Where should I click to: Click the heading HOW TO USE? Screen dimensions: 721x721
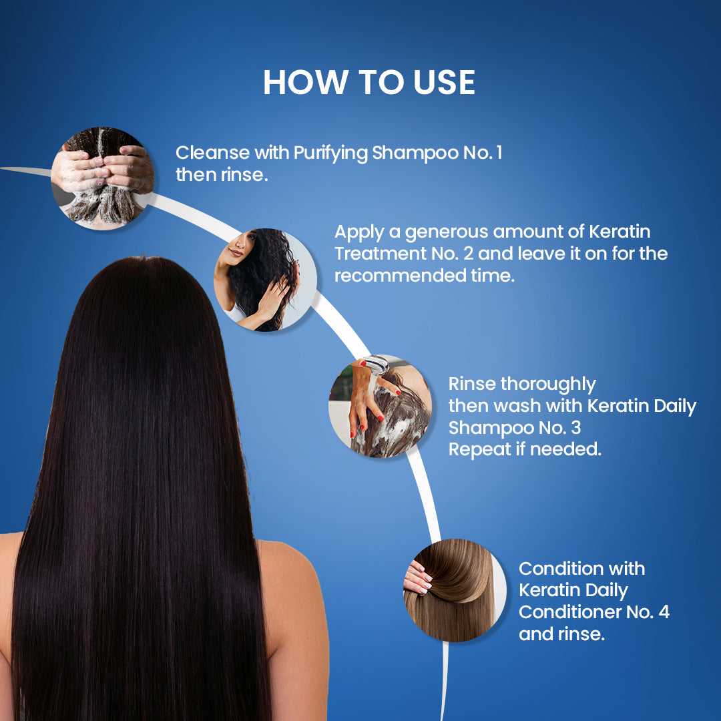tap(369, 83)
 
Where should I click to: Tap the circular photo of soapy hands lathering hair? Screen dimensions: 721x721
tap(103, 178)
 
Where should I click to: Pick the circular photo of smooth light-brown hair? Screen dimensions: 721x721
tap(455, 590)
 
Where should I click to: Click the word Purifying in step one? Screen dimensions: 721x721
tap(330, 153)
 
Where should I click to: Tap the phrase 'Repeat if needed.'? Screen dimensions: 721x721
tap(525, 449)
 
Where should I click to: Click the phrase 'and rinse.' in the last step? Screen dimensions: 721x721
tap(561, 634)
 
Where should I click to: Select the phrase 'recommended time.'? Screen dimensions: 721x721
tap(425, 276)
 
